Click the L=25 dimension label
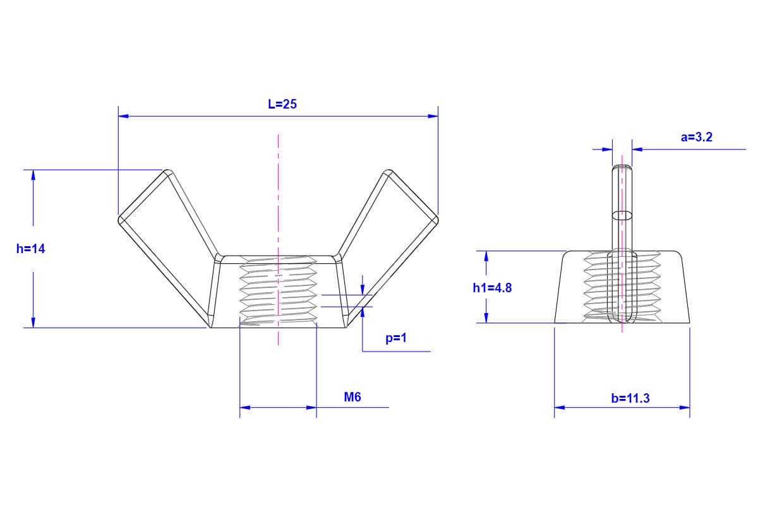(x=282, y=105)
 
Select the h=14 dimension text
(x=31, y=249)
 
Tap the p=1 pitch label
(x=396, y=338)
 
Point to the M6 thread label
(x=352, y=397)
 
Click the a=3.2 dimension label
(x=697, y=137)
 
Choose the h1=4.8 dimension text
(x=492, y=288)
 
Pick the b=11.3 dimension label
(x=630, y=398)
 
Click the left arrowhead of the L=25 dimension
(x=123, y=116)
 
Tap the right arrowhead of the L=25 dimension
(x=433, y=116)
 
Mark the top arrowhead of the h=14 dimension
(x=33, y=175)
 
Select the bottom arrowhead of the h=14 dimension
(x=33, y=323)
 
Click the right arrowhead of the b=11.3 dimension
(x=685, y=408)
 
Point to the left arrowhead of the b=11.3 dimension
(x=560, y=408)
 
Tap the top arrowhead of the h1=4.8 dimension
(x=486, y=256)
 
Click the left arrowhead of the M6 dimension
(x=245, y=408)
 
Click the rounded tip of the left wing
(x=121, y=220)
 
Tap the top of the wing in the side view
(x=623, y=167)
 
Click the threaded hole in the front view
(x=278, y=292)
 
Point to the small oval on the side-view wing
(x=623, y=215)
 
